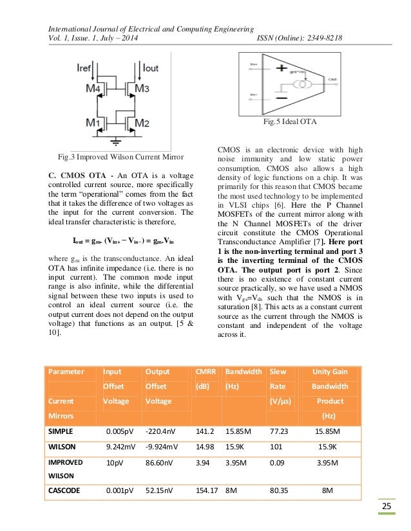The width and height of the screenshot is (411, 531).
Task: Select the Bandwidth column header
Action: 243,371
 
